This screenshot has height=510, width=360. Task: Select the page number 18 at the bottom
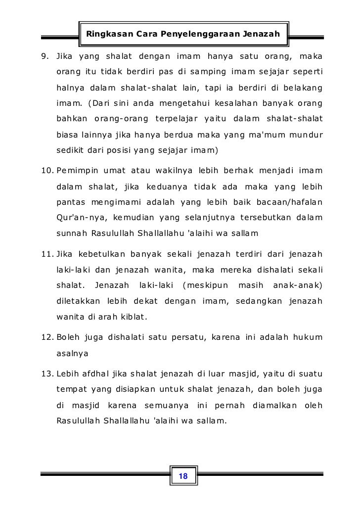(x=182, y=476)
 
